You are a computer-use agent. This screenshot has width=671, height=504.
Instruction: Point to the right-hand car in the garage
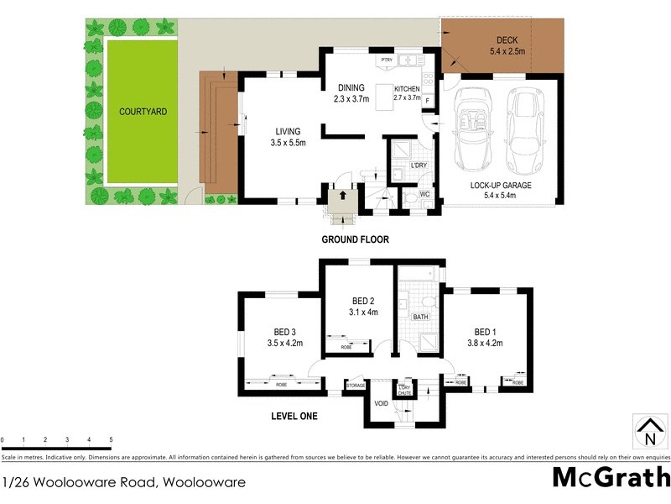526,128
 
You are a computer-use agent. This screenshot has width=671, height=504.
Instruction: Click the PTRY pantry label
386,60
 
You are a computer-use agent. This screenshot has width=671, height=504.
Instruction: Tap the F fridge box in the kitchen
427,101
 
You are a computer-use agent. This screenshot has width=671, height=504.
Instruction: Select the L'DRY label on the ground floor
419,165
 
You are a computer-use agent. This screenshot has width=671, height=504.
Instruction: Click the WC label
424,194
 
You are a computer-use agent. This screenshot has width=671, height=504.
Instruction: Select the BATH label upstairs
420,317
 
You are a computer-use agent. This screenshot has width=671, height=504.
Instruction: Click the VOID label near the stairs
382,403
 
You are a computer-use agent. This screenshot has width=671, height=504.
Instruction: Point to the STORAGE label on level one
355,386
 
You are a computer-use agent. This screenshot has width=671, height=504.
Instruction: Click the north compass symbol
648,432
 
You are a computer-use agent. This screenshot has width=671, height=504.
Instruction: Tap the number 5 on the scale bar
111,439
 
